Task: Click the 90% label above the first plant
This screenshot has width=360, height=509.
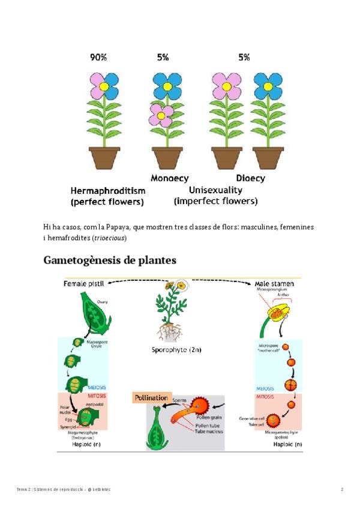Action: click(x=98, y=58)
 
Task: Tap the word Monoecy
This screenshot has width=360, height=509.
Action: click(x=169, y=178)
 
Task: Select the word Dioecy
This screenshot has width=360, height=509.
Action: click(x=250, y=178)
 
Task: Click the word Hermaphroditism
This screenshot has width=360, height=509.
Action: click(x=108, y=190)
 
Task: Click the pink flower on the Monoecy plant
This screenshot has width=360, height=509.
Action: click(x=161, y=114)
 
